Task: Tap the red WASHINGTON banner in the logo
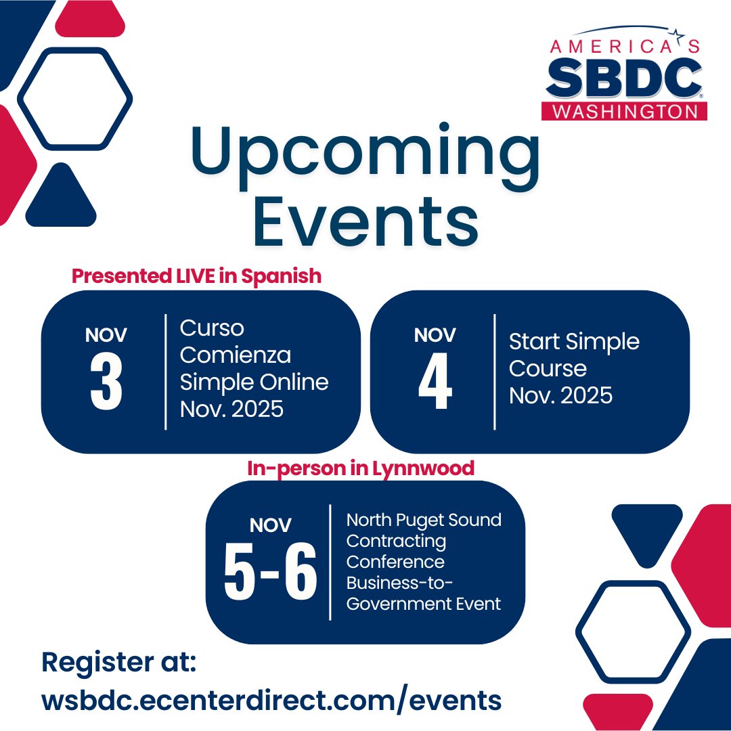(x=624, y=111)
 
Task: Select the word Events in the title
(x=365, y=221)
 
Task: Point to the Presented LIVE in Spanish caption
(x=196, y=276)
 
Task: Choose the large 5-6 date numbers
(x=271, y=573)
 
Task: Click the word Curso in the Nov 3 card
(x=212, y=328)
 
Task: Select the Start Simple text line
(x=574, y=341)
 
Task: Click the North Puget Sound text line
(x=424, y=520)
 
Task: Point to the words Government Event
(x=424, y=603)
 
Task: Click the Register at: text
(x=118, y=661)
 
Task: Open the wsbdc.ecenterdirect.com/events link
(x=271, y=699)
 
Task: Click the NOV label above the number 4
(x=435, y=335)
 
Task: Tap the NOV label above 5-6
(x=271, y=525)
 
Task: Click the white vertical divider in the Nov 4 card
(x=495, y=372)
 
